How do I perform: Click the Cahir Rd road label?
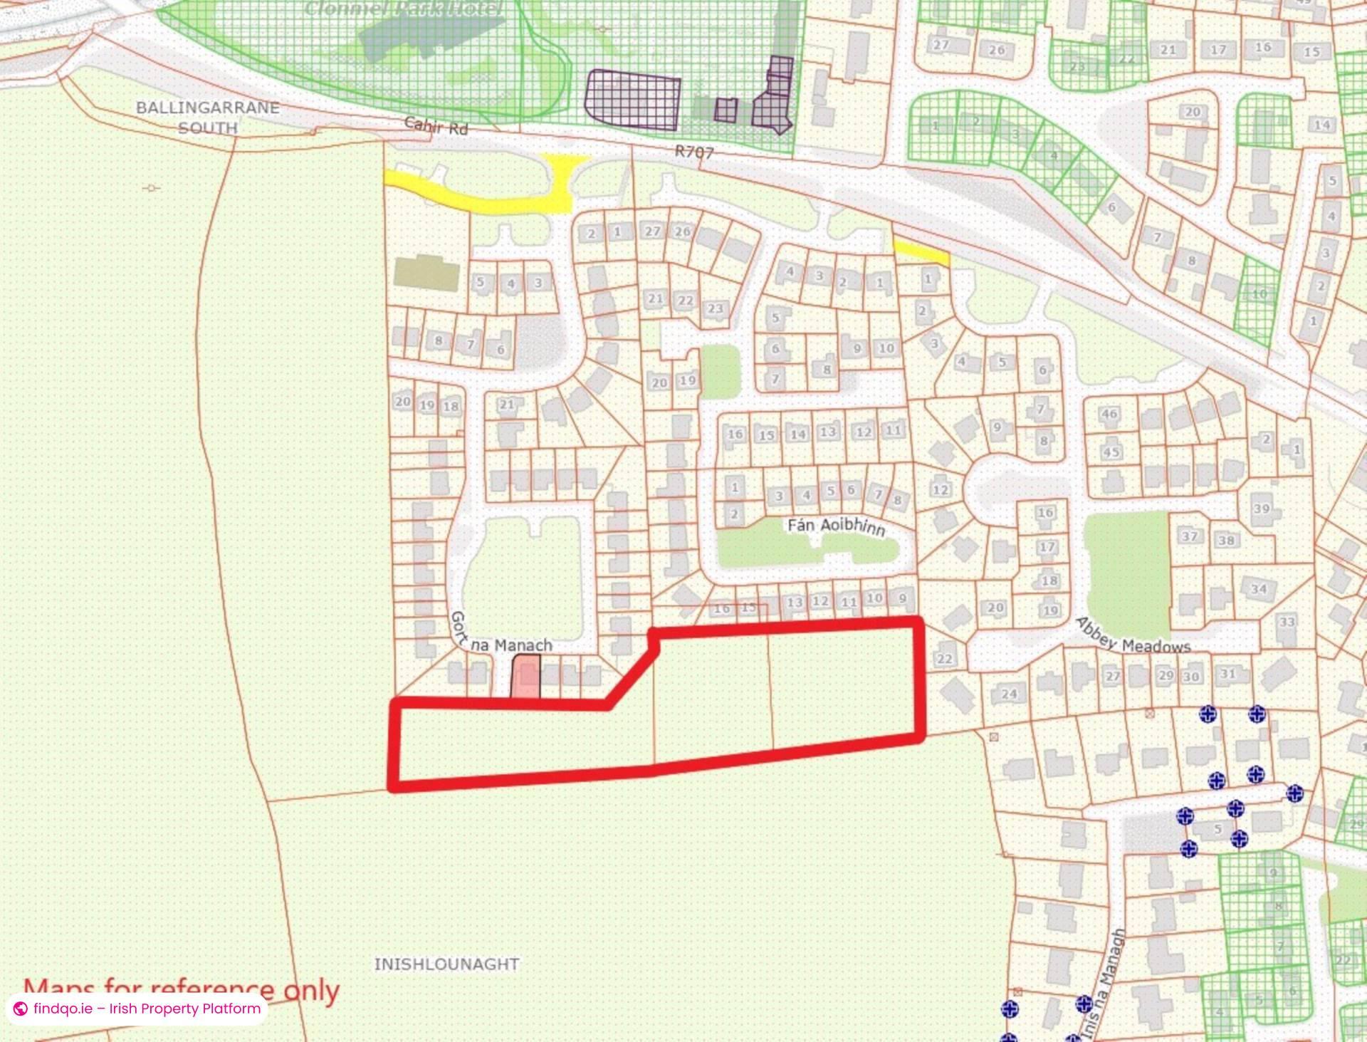click(436, 126)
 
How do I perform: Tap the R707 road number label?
click(696, 152)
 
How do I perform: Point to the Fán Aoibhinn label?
click(836, 526)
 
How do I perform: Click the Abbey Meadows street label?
click(1132, 637)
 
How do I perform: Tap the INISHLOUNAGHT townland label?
click(446, 964)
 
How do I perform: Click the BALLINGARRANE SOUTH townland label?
click(207, 118)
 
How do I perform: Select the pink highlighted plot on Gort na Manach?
click(526, 677)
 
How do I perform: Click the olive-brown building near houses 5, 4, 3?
click(426, 272)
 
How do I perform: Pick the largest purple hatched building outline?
click(632, 100)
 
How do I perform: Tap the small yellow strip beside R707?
click(921, 253)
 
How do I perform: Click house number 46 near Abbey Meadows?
click(1109, 414)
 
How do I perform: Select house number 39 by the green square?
click(1262, 509)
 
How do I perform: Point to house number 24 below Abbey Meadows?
click(1009, 693)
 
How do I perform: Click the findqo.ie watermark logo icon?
click(21, 1009)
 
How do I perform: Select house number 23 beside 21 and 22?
click(715, 308)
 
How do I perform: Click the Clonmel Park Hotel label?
click(403, 9)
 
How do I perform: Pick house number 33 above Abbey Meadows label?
click(1287, 622)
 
